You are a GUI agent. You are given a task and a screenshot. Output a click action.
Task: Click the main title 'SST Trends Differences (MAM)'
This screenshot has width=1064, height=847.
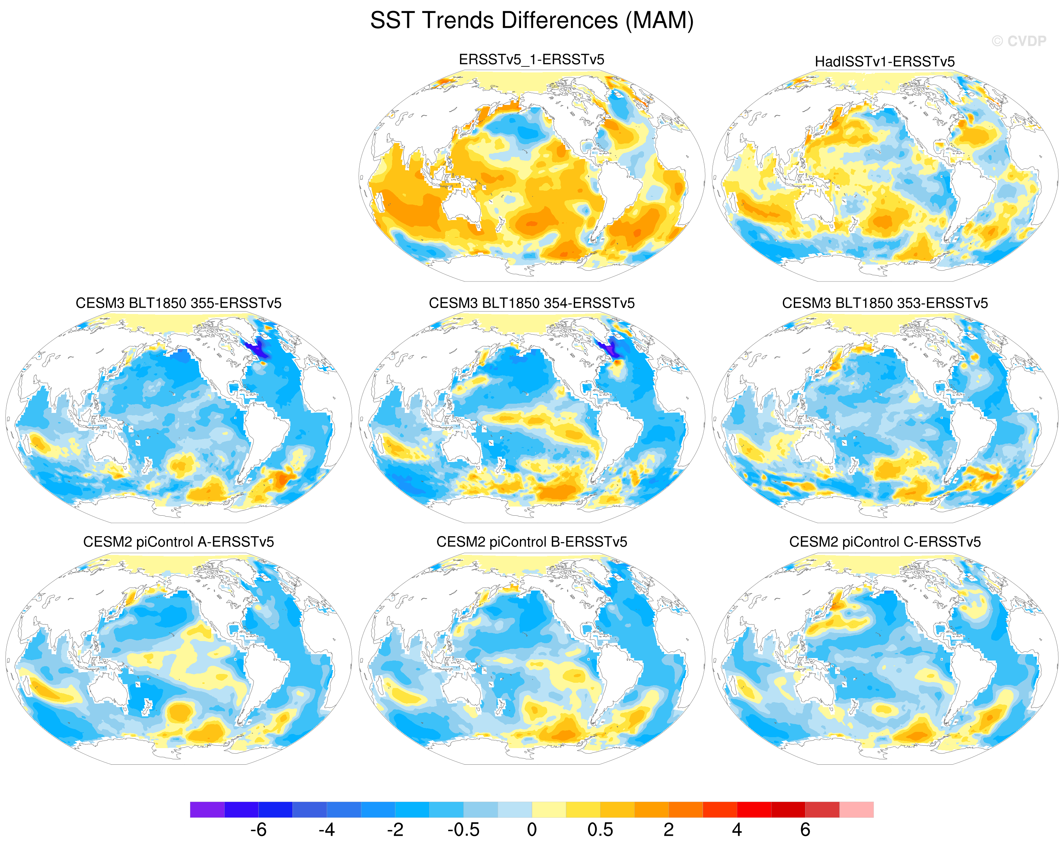532,21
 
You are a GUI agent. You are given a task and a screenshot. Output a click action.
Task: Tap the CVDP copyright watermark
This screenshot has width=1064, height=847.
1018,41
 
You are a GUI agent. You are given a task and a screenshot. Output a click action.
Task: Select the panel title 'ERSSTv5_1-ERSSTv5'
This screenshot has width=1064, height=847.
532,60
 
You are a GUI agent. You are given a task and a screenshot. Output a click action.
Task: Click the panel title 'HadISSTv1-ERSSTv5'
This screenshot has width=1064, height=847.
884,62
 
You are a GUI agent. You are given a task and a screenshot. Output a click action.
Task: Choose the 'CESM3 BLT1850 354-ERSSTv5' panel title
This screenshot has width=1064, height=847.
532,303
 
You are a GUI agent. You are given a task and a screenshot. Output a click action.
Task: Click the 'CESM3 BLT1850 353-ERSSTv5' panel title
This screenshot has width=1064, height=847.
885,303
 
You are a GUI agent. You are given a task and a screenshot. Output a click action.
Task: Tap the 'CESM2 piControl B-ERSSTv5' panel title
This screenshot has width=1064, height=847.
532,542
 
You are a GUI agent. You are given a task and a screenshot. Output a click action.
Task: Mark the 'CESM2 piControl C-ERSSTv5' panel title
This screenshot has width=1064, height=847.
885,542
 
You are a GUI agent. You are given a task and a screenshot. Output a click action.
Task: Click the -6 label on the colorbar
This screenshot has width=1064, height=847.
258,830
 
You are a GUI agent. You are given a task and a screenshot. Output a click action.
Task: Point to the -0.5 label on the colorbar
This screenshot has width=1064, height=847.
463,830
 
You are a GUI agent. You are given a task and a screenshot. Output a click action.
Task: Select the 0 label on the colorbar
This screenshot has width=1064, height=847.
532,830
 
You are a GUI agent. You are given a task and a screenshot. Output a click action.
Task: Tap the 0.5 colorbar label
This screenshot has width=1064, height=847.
600,830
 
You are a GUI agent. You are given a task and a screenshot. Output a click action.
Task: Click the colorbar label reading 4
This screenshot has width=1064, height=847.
737,830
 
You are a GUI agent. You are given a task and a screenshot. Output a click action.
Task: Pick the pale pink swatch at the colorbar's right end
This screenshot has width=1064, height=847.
857,810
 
